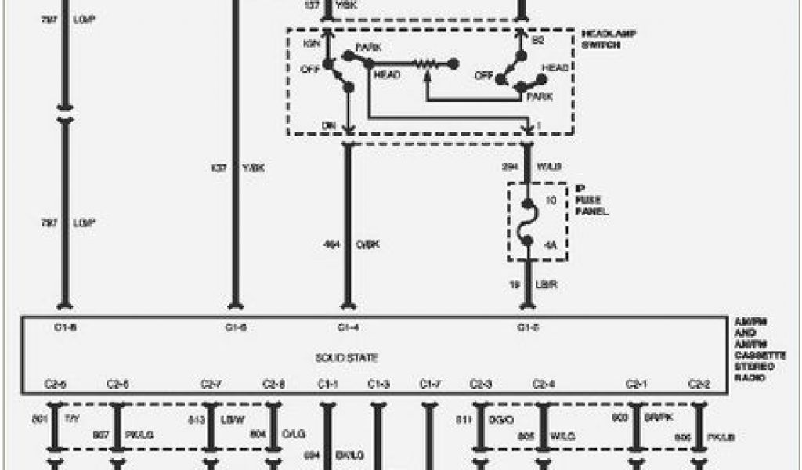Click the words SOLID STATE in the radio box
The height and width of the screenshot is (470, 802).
[347, 358]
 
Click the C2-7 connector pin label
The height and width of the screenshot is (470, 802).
[211, 384]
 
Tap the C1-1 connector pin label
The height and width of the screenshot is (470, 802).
[327, 384]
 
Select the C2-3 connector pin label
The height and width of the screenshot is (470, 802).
[480, 384]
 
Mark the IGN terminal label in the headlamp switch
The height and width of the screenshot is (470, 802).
[312, 43]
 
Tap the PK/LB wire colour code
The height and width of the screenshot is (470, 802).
[722, 437]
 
